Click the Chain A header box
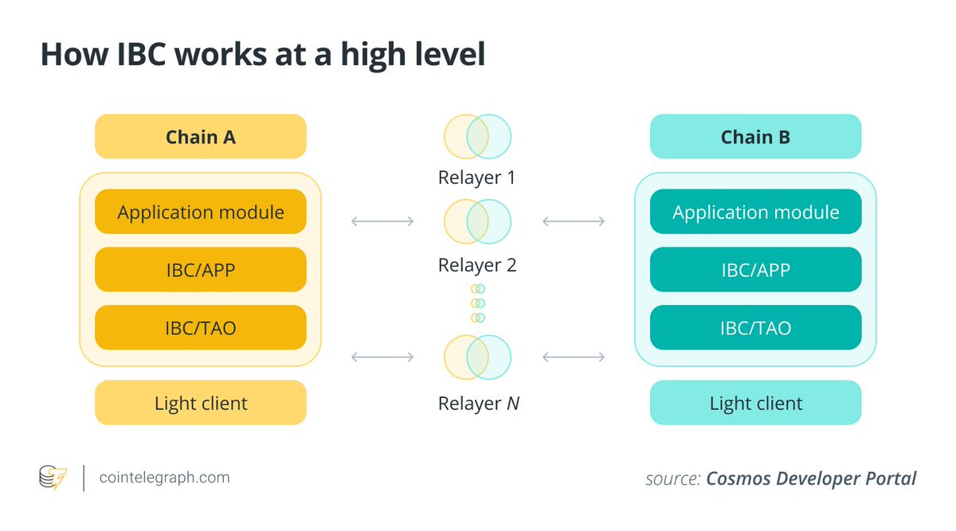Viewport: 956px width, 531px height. coord(200,137)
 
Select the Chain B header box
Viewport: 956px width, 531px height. coord(755,137)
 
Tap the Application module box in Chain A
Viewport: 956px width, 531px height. coord(200,212)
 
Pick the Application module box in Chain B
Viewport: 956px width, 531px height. coord(755,212)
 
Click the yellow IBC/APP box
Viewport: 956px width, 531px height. coord(200,270)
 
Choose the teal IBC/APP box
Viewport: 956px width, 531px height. coord(755,270)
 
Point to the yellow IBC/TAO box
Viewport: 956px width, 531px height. coord(200,327)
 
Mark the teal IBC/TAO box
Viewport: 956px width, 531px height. coord(755,327)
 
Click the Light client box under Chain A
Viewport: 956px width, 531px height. coord(200,403)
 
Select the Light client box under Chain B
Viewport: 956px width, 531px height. coord(755,403)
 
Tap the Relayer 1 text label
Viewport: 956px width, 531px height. coord(476,177)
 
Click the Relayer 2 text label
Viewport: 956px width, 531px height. coord(476,264)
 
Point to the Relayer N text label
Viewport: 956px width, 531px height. coord(478,404)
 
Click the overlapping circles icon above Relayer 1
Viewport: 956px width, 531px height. coord(477,136)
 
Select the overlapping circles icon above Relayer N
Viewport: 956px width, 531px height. coord(477,357)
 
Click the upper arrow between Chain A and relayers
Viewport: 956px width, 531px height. coord(382,221)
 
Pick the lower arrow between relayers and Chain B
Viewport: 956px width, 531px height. coord(573,357)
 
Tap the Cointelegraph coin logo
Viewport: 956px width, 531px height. coord(53,478)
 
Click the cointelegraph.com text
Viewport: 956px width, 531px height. coord(164,478)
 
